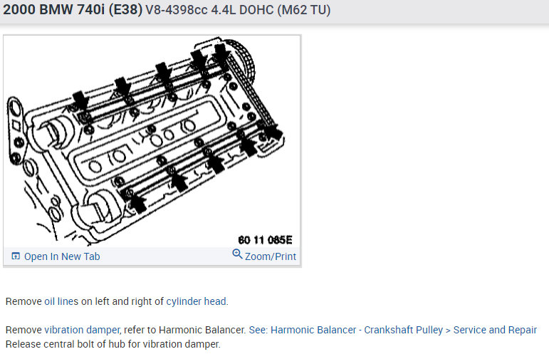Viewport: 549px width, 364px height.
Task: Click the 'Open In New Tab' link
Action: [x=62, y=256]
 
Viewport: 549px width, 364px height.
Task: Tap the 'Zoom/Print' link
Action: [x=271, y=256]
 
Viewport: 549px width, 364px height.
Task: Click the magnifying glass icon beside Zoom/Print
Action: [x=237, y=254]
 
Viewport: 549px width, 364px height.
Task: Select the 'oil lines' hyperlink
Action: [x=61, y=301]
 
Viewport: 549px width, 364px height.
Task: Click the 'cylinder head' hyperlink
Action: [x=196, y=301]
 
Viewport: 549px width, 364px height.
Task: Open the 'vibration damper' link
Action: [x=83, y=330]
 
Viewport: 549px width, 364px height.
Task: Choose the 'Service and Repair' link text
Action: [x=495, y=330]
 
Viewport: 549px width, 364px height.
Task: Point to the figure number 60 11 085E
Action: [x=265, y=240]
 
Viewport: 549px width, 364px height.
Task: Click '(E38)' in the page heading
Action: [x=126, y=9]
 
